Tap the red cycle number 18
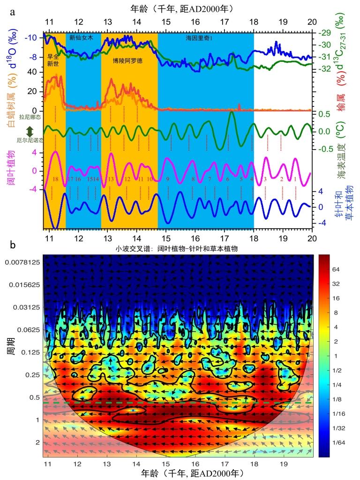coord(55,179)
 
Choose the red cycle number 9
coord(167,179)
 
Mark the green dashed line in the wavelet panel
coord(178,403)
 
